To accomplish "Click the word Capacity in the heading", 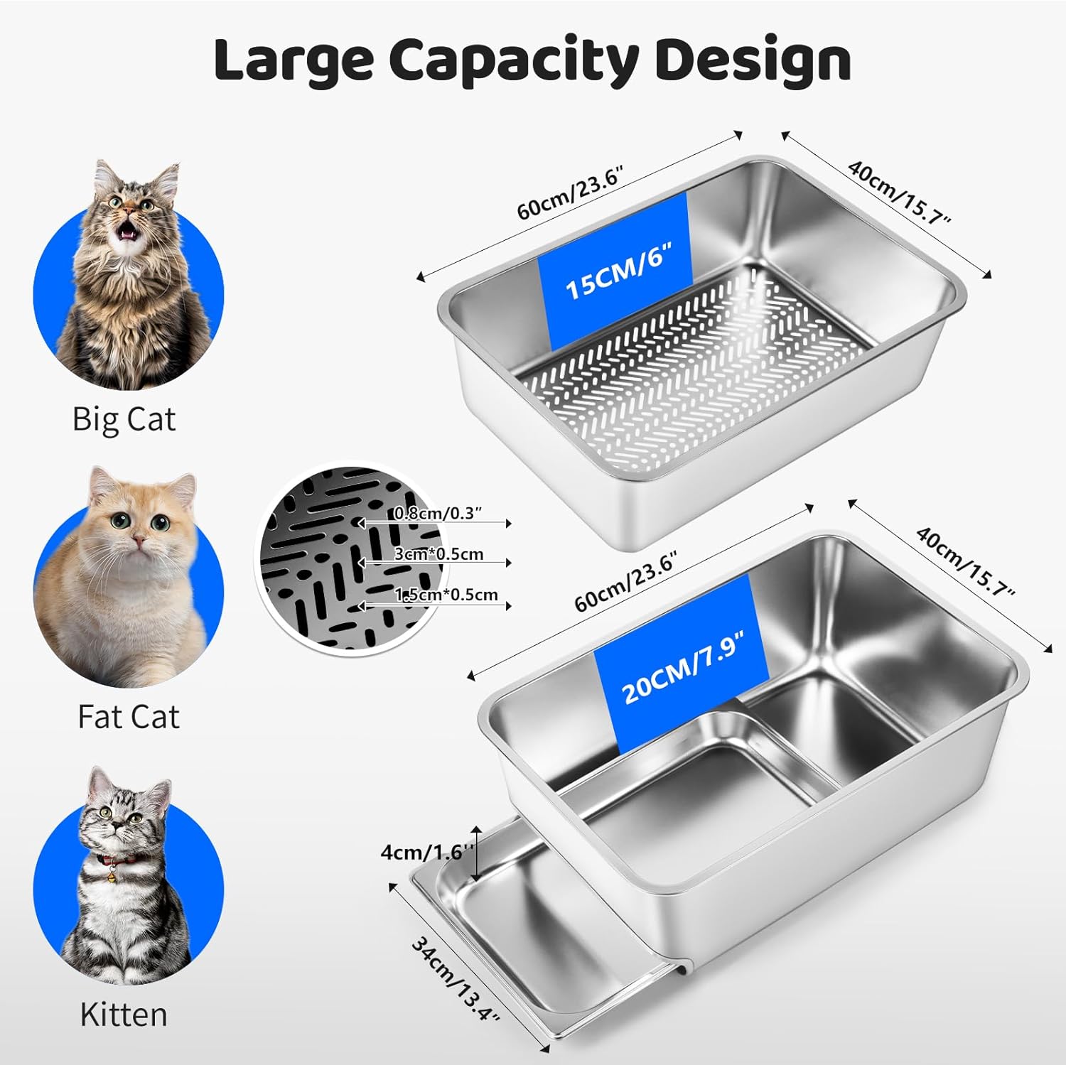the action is click(x=513, y=62).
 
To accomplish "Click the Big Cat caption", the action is click(x=124, y=419).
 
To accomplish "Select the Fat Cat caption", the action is click(x=129, y=716).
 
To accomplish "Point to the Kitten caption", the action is click(x=124, y=1014).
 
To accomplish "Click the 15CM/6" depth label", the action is click(x=618, y=271).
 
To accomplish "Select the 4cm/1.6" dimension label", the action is click(x=427, y=851).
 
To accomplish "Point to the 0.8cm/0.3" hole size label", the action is click(x=438, y=513).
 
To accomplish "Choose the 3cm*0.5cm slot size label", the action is click(x=438, y=554).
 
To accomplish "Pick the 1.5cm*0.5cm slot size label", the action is click(x=446, y=595).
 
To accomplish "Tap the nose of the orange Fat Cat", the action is click(x=139, y=541).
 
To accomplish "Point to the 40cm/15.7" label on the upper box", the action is click(x=900, y=190).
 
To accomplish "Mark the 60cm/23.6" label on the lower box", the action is click(x=626, y=580).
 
